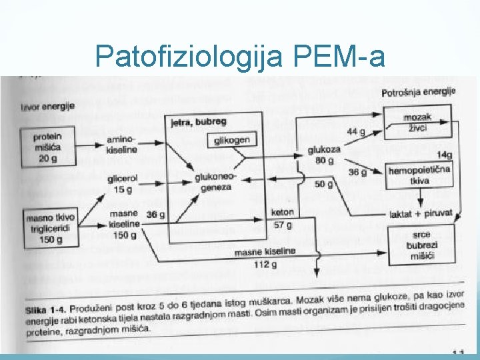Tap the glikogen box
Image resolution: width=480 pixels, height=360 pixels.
[232, 140]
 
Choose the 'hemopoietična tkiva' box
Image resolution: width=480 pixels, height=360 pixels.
[419, 175]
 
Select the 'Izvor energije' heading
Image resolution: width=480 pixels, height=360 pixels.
[47, 105]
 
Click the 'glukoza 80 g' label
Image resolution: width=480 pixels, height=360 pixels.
[324, 155]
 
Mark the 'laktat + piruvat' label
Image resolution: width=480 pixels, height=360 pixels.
[421, 214]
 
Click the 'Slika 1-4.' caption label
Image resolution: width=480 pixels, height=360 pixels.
[44, 310]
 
